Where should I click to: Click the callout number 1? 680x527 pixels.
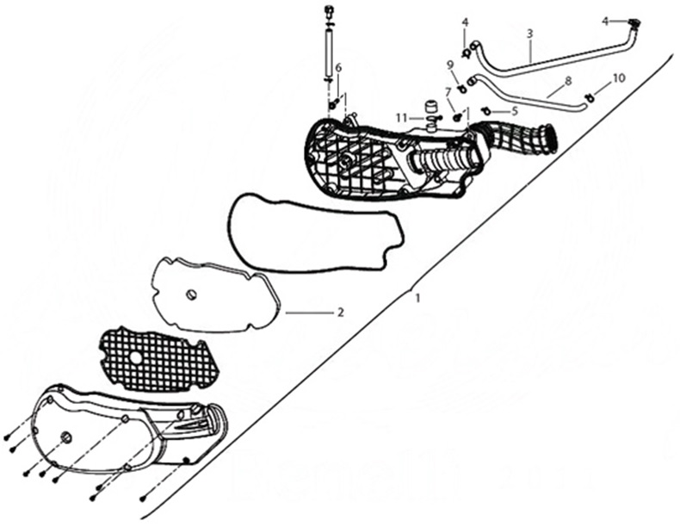pyautogui.click(x=417, y=299)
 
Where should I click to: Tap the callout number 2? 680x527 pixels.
pyautogui.click(x=341, y=312)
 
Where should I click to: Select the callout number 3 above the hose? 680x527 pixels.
pyautogui.click(x=529, y=34)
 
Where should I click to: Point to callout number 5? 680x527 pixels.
pyautogui.click(x=515, y=111)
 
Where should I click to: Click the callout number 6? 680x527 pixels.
pyautogui.click(x=338, y=67)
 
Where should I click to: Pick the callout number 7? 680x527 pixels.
pyautogui.click(x=448, y=90)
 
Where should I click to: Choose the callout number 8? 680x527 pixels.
pyautogui.click(x=568, y=81)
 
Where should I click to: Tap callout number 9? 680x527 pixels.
pyautogui.click(x=450, y=65)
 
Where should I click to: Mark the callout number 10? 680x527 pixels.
pyautogui.click(x=619, y=78)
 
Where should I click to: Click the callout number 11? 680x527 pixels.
pyautogui.click(x=401, y=117)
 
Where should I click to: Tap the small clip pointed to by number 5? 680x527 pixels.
pyautogui.click(x=485, y=111)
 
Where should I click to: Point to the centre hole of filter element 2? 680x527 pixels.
pyautogui.click(x=191, y=295)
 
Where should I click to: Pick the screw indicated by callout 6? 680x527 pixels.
pyautogui.click(x=334, y=104)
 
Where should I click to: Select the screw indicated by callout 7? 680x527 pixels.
pyautogui.click(x=457, y=117)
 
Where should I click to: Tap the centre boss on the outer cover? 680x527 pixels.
pyautogui.click(x=66, y=437)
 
